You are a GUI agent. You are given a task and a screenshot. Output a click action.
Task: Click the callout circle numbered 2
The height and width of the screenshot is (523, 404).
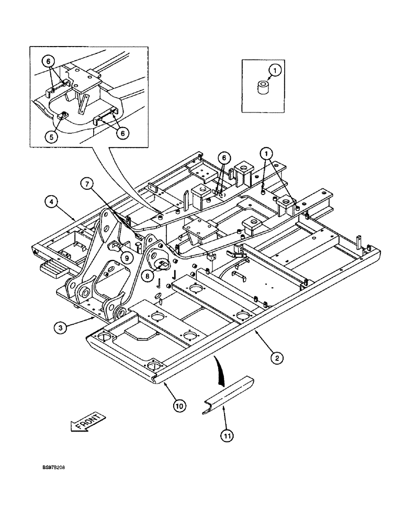point(277,358)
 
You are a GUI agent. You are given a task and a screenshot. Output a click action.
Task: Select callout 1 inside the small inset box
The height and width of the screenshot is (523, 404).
point(275,68)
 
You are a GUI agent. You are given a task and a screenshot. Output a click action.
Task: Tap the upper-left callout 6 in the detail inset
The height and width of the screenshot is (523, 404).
point(50,61)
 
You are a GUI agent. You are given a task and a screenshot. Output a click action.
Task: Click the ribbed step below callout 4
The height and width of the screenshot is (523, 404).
point(51,268)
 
